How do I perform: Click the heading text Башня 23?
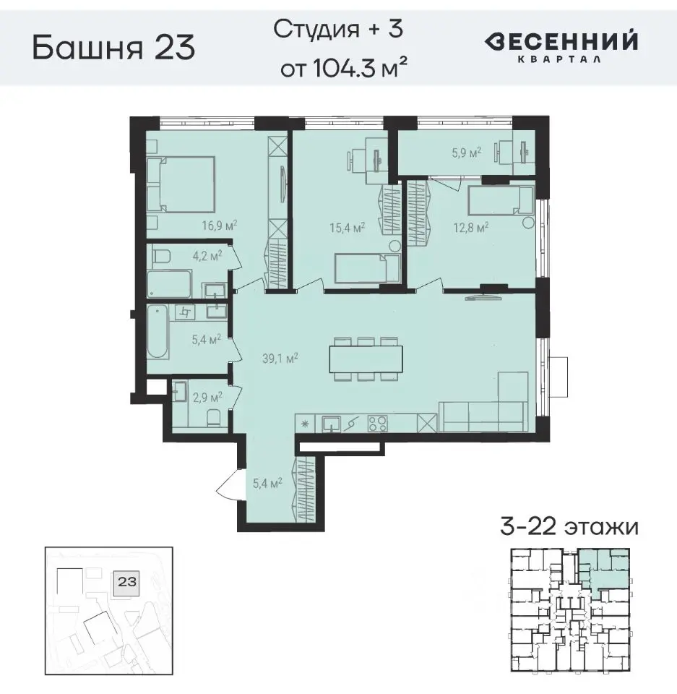coord(113,48)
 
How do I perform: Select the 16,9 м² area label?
coord(220,225)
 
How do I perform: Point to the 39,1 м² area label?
coord(281,356)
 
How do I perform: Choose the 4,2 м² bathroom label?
coord(206,254)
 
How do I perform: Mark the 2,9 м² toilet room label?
coord(206,396)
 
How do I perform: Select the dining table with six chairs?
coord(366,357)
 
